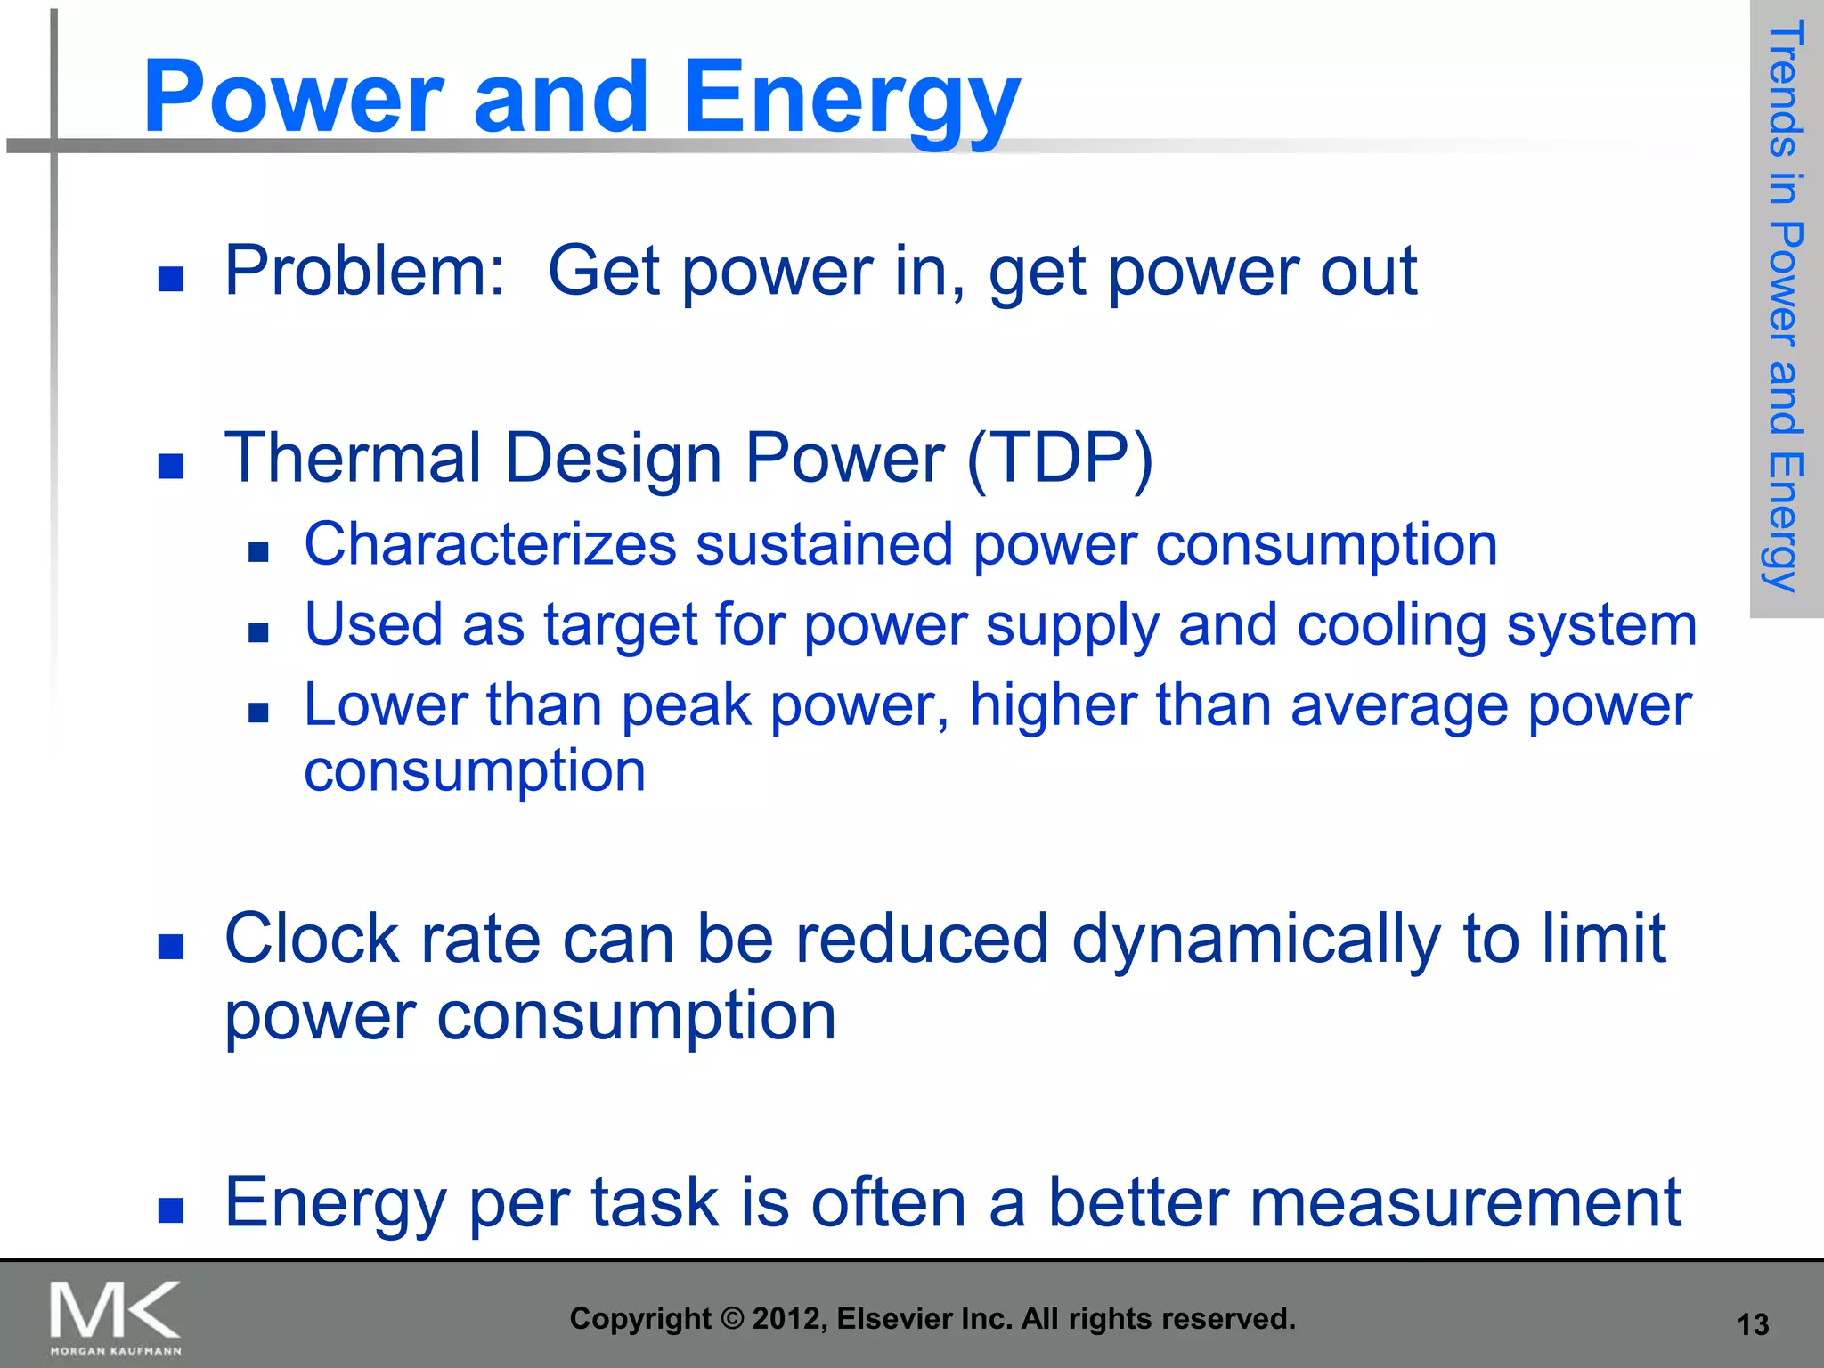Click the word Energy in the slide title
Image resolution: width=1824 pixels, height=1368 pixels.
click(x=851, y=98)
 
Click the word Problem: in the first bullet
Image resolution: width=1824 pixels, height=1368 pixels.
click(x=364, y=271)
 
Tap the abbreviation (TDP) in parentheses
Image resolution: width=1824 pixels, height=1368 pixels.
click(x=1060, y=459)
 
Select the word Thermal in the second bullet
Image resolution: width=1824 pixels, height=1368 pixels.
click(x=353, y=459)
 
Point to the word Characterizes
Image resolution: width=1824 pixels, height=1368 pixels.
click(x=490, y=544)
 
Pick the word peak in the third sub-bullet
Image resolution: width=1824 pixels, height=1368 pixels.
click(x=686, y=705)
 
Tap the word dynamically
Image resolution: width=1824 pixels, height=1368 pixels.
click(x=1255, y=940)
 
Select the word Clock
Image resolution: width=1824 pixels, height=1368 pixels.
click(x=312, y=940)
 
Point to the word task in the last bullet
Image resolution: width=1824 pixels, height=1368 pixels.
click(x=654, y=1203)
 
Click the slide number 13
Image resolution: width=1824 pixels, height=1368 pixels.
click(x=1753, y=1325)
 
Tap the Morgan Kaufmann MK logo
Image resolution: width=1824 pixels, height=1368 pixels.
click(x=115, y=1316)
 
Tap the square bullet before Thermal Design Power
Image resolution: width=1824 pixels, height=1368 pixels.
click(x=170, y=466)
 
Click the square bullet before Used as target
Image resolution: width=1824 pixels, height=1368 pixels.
click(x=258, y=632)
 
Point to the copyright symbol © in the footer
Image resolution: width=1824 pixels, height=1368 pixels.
click(x=732, y=1319)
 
